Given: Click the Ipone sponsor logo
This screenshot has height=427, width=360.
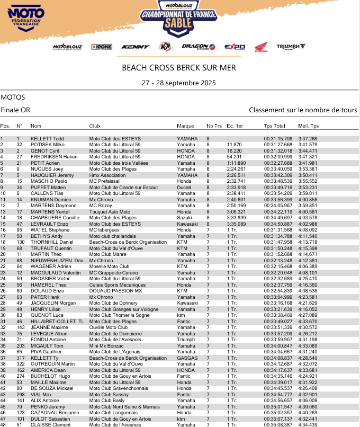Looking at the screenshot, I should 101,47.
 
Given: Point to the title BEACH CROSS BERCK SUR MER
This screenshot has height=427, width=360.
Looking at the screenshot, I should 179,68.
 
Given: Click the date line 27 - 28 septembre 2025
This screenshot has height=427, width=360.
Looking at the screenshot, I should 179,83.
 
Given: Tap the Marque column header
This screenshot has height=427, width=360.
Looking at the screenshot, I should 185,126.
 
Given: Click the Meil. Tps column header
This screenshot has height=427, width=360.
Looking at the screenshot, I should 309,126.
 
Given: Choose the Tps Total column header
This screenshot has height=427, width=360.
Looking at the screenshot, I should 274,126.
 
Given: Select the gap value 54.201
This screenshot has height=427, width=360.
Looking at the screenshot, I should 234,157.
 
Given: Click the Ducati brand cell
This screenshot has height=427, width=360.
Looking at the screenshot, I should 184,187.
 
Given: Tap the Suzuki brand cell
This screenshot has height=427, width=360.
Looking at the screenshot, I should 184,218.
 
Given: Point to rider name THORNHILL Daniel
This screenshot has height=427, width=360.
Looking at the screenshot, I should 51,242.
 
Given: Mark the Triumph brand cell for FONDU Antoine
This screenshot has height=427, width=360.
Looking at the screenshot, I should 185,340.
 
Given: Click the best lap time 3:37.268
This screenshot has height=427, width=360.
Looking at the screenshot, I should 308,138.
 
